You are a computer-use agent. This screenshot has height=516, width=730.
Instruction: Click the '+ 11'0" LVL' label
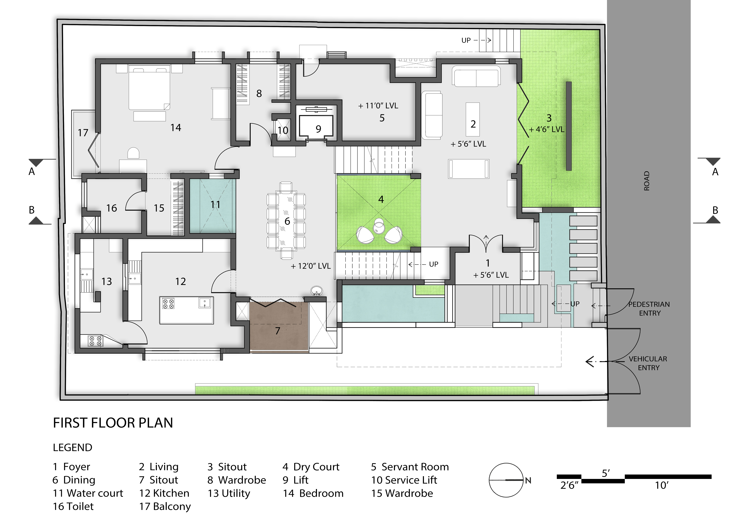tap(378, 106)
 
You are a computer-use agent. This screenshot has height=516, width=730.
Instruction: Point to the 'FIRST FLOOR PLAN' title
tap(113, 423)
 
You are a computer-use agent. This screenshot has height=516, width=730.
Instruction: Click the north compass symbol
tap(506, 480)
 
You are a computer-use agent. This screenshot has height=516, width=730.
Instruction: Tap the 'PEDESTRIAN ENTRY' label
tap(649, 308)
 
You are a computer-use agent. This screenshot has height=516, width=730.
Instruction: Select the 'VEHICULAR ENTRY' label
tap(648, 363)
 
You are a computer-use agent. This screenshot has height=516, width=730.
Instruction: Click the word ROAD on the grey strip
tap(646, 181)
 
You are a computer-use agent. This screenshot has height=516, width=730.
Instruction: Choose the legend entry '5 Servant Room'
tap(410, 467)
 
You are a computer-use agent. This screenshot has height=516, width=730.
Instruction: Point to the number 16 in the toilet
tap(112, 208)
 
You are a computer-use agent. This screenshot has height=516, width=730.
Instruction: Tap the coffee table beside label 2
tap(473, 119)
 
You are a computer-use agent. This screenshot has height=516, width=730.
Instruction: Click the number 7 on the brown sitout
tap(278, 331)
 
